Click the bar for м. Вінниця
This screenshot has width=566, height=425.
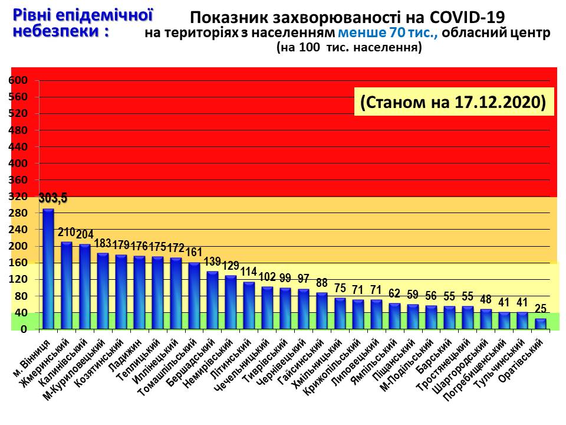[x=48, y=269]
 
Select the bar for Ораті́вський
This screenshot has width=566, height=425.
[x=541, y=324]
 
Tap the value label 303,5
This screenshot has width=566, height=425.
[x=53, y=198]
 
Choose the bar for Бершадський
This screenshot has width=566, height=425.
[x=212, y=300]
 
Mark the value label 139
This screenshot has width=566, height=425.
[x=212, y=262]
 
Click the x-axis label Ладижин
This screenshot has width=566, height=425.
[x=126, y=354]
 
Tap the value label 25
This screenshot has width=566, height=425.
[x=540, y=308]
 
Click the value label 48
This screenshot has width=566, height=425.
[x=486, y=299]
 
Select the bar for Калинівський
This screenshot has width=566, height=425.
[x=85, y=286]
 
